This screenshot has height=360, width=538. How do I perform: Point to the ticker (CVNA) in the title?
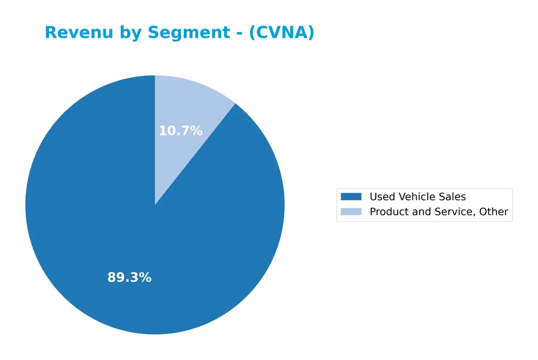[x=282, y=33]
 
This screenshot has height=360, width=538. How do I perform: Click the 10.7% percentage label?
[x=181, y=131]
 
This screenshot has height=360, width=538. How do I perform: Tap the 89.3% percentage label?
[x=129, y=278]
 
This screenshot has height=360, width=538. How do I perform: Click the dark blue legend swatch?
[x=351, y=197]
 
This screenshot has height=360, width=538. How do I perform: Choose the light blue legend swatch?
[x=351, y=212]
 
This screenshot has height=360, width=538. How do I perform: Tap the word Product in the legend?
[x=387, y=212]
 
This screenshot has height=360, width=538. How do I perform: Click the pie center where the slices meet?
[x=155, y=205]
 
